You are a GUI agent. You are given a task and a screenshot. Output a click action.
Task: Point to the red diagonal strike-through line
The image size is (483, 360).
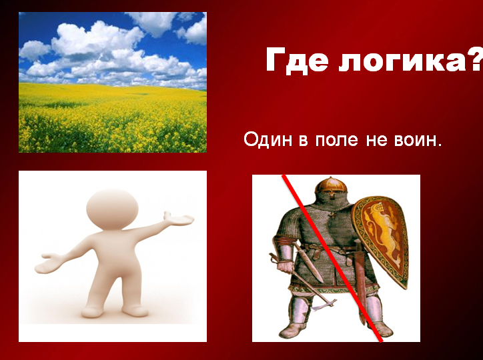[x=333, y=259]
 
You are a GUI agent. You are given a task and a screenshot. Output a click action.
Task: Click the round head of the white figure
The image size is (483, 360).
[x=113, y=209]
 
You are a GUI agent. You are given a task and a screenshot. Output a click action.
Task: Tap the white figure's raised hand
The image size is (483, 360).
[x=179, y=219]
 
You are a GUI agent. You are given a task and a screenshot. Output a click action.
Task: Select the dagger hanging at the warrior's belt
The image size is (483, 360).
[x=308, y=261]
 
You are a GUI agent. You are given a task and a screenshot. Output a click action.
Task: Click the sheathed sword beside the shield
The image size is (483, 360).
[x=360, y=277]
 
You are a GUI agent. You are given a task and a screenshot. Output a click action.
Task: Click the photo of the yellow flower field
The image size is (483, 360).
[x=113, y=82]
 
